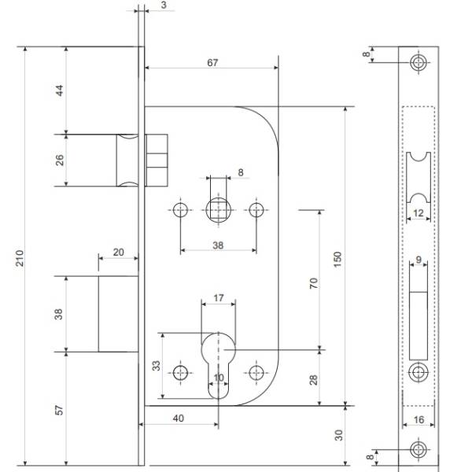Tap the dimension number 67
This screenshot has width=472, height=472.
(212, 63)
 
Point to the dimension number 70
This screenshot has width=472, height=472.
(313, 285)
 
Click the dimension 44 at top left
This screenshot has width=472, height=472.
(61, 89)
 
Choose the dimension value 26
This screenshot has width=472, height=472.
(61, 160)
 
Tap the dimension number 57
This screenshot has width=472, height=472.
(61, 409)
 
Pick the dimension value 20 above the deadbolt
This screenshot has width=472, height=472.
(118, 253)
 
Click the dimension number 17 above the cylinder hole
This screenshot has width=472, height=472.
(219, 299)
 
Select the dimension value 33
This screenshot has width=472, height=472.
(156, 367)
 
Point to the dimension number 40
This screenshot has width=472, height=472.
(178, 419)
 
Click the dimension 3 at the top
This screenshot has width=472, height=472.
(162, 6)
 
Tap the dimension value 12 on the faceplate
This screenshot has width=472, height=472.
(418, 213)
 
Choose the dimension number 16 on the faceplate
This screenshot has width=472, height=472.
(418, 420)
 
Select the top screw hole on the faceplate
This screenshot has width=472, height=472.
(418, 64)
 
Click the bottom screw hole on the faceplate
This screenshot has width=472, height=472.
(418, 451)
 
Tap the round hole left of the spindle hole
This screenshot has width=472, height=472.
(182, 210)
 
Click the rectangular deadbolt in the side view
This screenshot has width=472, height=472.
(119, 313)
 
